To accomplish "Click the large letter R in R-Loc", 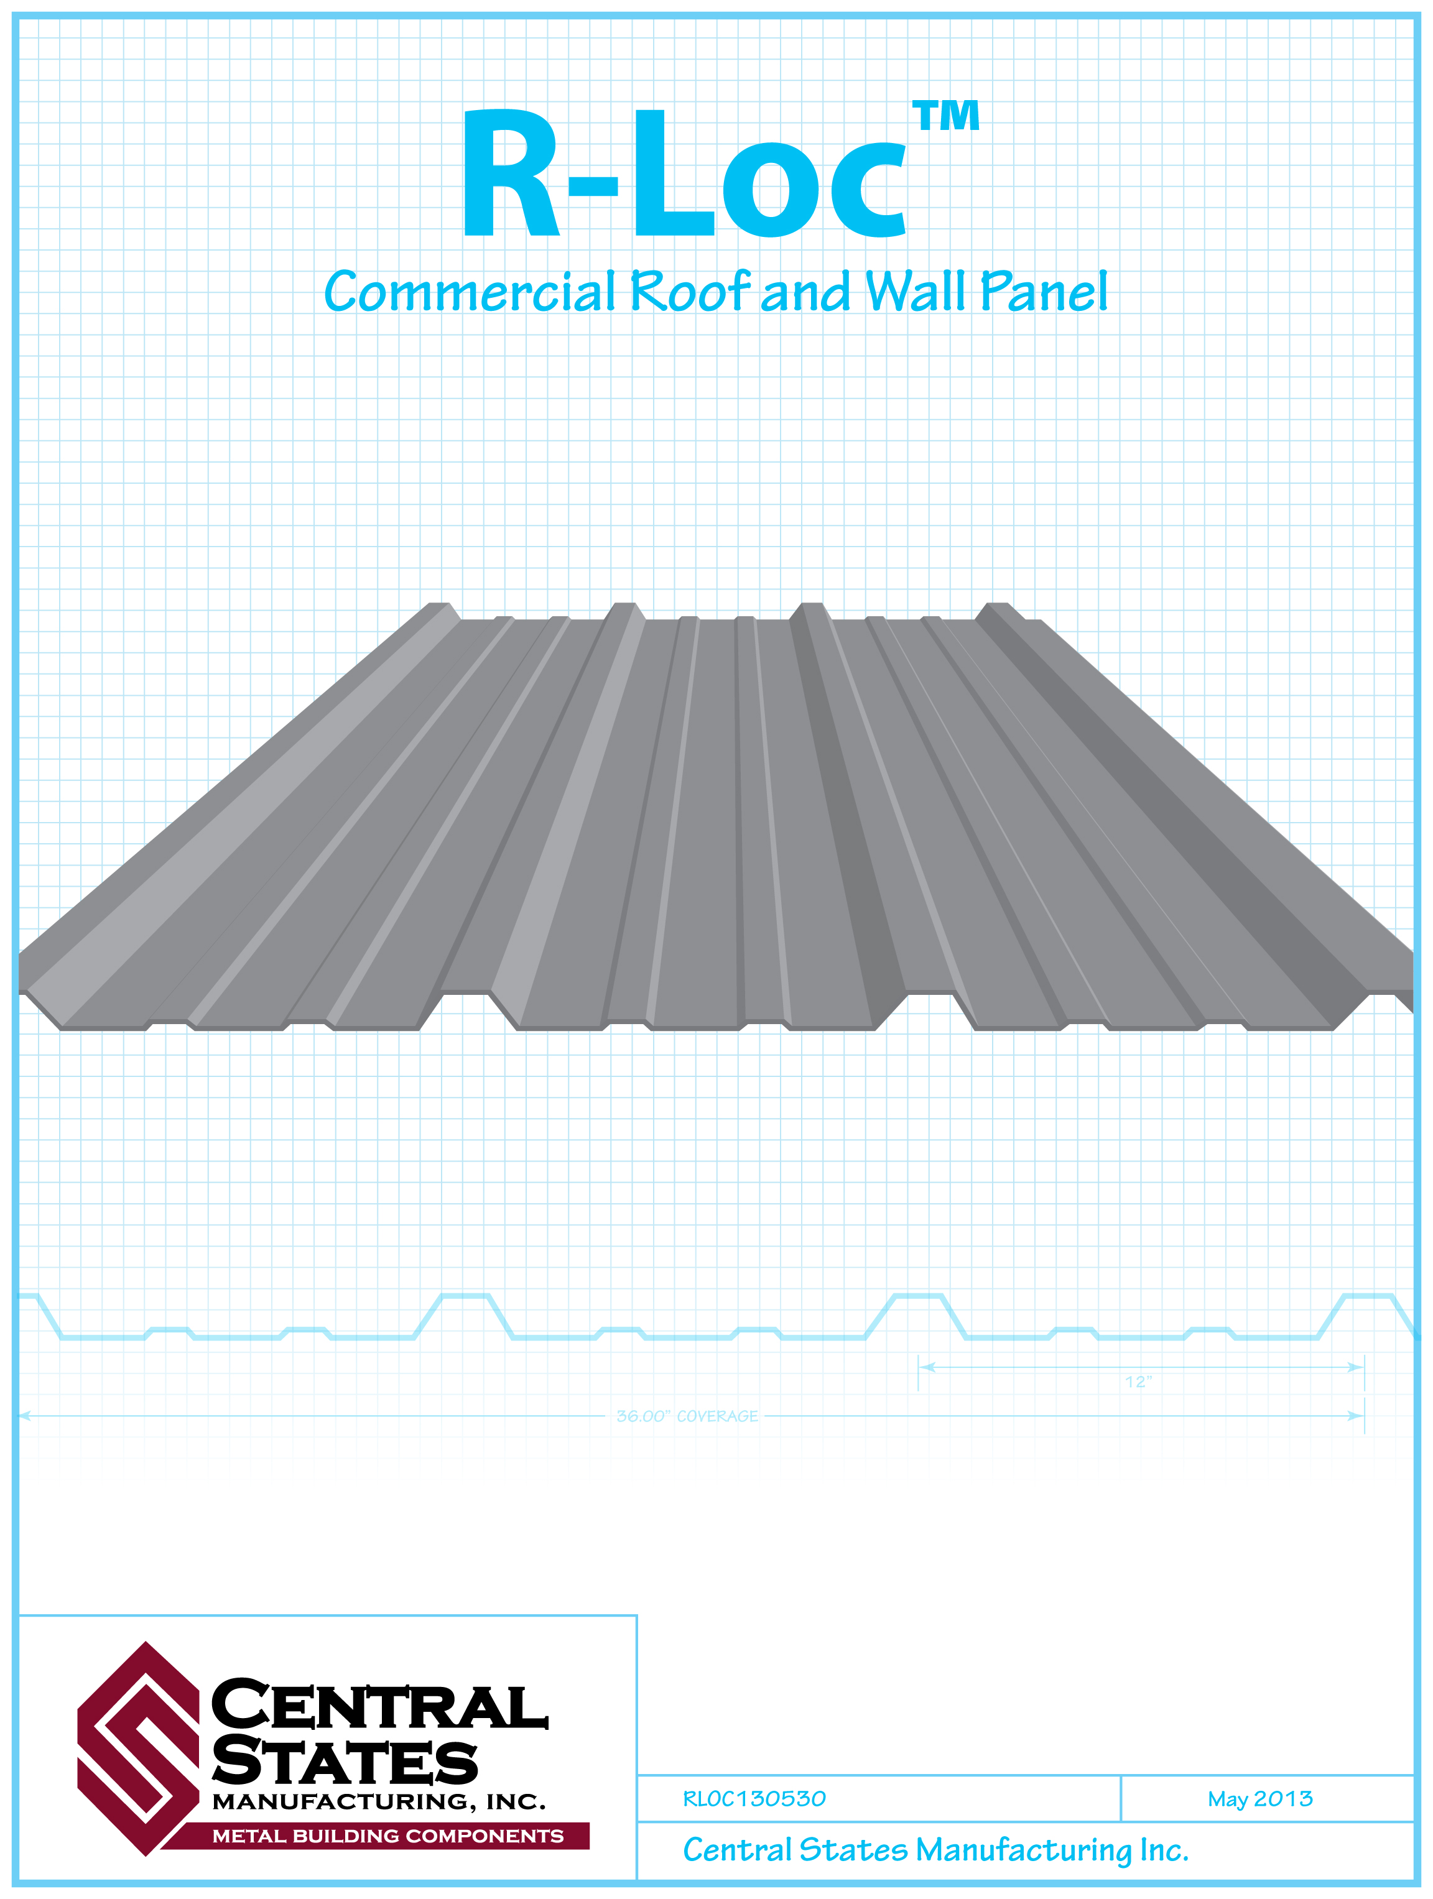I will coord(510,174).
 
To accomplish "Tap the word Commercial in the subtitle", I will coord(470,292).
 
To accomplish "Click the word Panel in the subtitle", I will coord(1044,292).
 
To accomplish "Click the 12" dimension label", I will coord(1138,1381).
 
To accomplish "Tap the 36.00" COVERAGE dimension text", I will coord(687,1416).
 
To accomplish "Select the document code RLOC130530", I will coord(754,1798).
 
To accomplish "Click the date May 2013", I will coord(1259,1798).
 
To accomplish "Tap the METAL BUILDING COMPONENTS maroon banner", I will coord(387,1836).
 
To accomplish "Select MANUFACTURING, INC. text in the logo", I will coord(379,1801).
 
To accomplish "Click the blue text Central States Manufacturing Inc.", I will coord(935,1849).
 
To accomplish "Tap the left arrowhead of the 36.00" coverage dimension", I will coord(26,1416).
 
